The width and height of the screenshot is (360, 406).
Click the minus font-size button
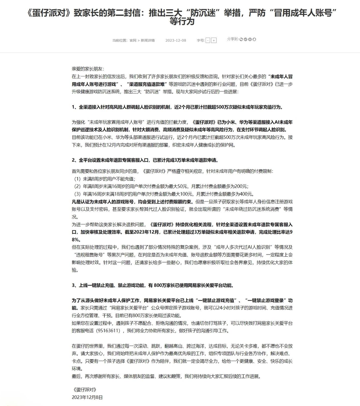[208, 40]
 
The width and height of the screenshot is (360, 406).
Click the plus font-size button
[214, 40]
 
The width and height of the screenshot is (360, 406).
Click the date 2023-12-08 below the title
[176, 40]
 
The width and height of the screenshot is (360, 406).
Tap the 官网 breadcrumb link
[133, 40]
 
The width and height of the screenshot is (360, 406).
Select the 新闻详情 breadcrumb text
[148, 40]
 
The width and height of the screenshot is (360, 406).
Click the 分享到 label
[233, 39]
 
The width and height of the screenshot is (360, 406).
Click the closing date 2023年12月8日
[87, 397]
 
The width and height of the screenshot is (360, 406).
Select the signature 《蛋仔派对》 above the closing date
[85, 389]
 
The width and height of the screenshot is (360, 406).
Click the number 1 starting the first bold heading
[73, 107]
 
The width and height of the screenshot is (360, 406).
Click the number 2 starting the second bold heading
[73, 160]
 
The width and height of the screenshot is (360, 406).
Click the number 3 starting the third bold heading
[73, 285]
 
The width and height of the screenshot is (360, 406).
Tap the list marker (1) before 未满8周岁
[77, 179]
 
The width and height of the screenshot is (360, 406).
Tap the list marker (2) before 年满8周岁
[77, 186]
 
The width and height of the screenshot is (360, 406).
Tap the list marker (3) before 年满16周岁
[77, 194]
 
